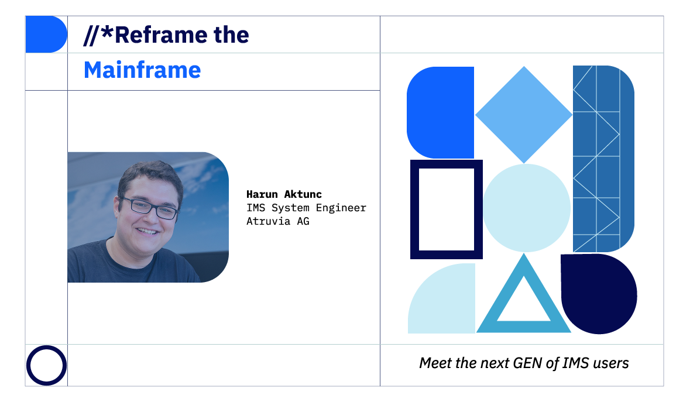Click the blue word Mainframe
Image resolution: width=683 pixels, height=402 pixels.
click(x=142, y=70)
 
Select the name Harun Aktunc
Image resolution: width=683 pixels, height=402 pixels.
click(x=284, y=194)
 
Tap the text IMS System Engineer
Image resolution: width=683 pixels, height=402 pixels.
click(x=306, y=208)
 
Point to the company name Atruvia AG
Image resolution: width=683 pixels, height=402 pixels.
click(x=278, y=221)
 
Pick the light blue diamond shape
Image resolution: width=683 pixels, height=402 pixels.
click(x=524, y=115)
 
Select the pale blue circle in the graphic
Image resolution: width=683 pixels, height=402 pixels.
click(x=527, y=208)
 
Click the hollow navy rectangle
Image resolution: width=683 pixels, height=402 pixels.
click(x=414, y=209)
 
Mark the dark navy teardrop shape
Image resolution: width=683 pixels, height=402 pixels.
click(x=599, y=294)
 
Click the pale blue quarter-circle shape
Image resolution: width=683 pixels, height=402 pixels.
click(x=442, y=298)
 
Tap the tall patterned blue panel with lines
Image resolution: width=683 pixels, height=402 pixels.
click(x=604, y=159)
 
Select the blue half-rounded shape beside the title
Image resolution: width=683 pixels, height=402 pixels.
click(x=46, y=35)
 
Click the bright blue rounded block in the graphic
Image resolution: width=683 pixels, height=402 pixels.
click(x=440, y=112)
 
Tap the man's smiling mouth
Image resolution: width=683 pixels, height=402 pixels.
click(x=147, y=231)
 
